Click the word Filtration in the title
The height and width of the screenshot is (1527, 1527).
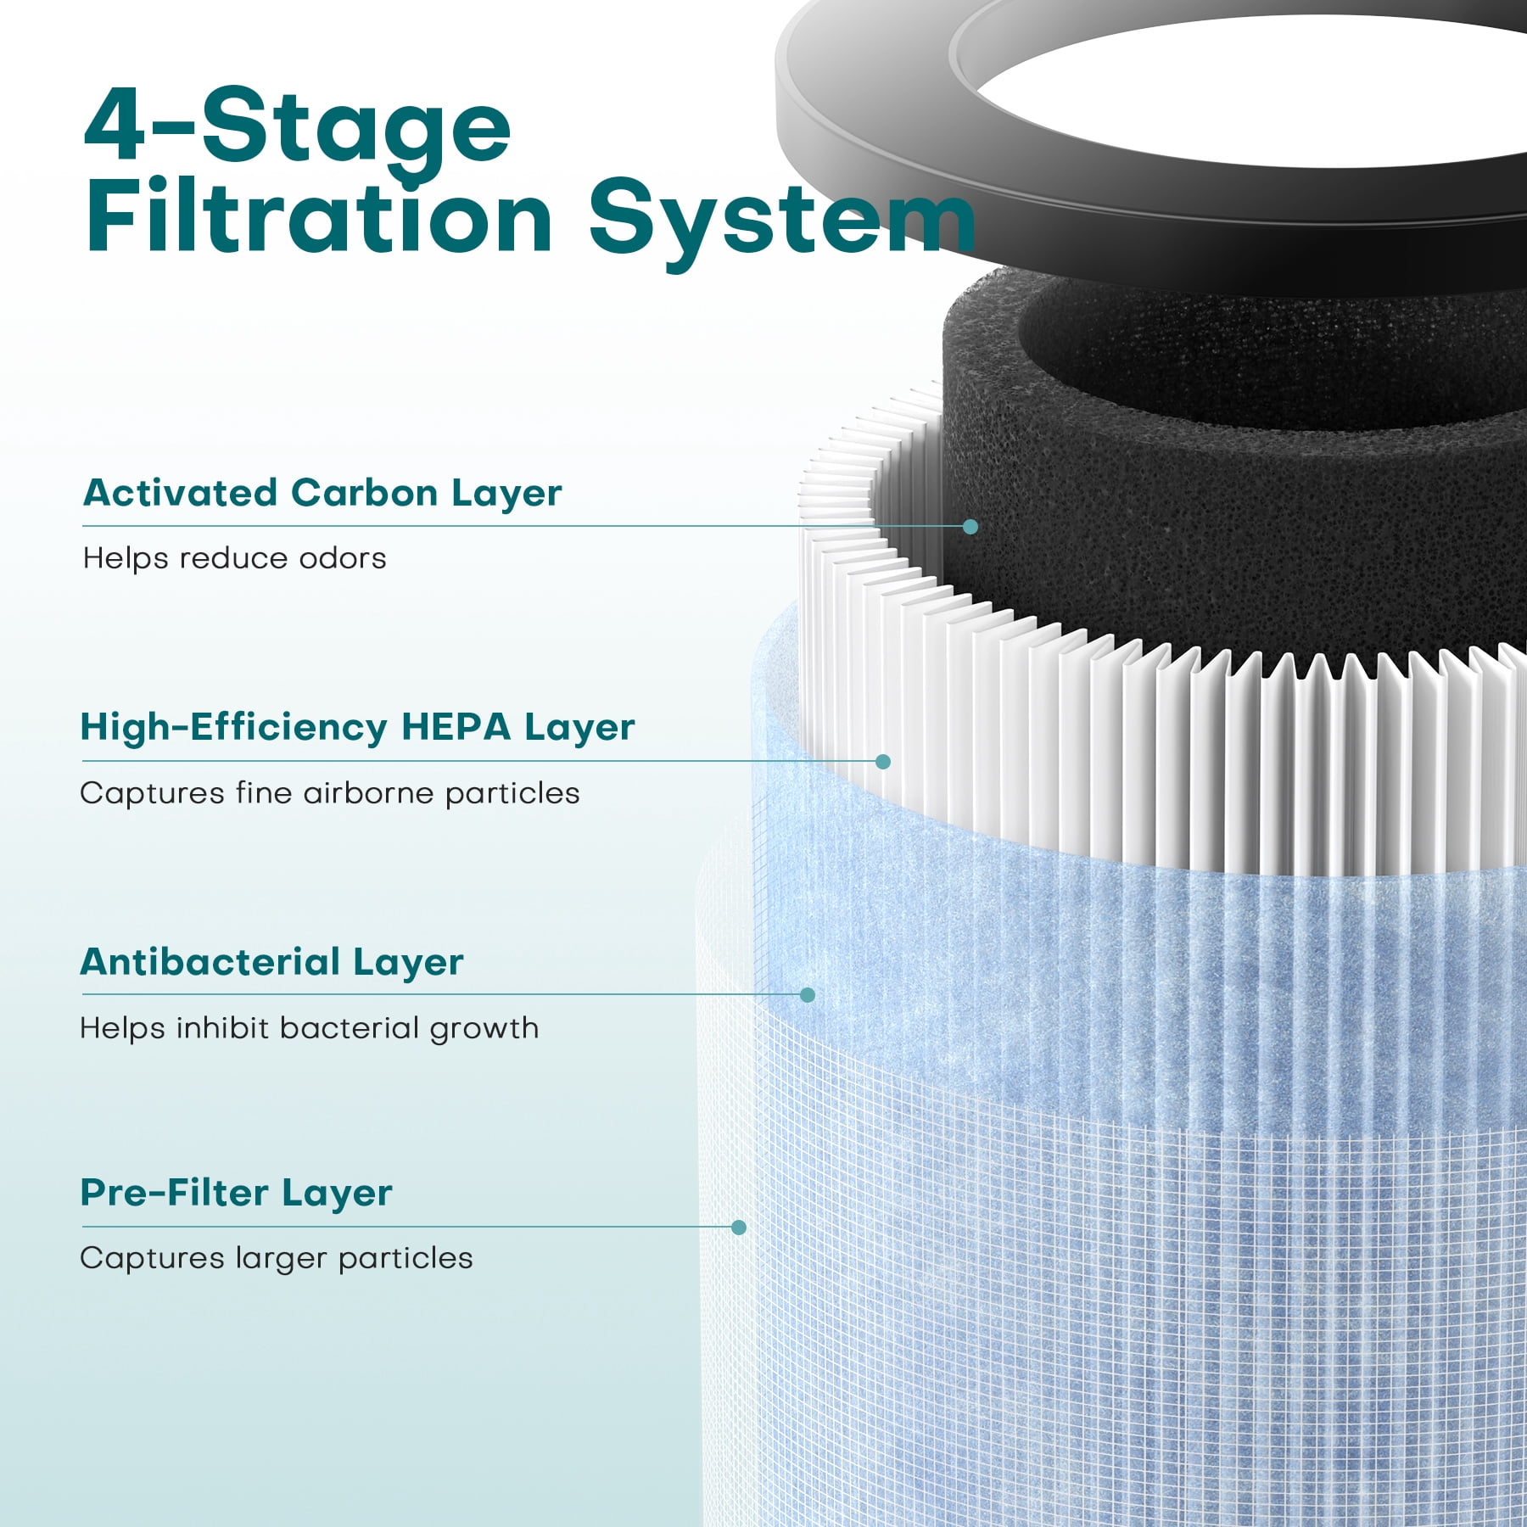tap(319, 215)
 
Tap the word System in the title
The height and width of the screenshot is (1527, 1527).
tap(782, 221)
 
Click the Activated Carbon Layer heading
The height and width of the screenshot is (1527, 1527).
tap(322, 493)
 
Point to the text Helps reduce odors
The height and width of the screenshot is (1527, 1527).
tap(234, 558)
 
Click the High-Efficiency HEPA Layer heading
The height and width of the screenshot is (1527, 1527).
tap(357, 728)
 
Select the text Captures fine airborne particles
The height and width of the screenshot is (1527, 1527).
tap(330, 793)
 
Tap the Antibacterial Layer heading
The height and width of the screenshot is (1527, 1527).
tap(271, 962)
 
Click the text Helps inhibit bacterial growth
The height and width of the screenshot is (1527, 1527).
tap(309, 1028)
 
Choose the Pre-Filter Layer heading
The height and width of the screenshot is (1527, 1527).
tap(236, 1193)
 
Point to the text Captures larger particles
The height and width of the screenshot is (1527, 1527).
tap(277, 1258)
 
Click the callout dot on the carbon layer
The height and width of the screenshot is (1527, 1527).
tap(970, 527)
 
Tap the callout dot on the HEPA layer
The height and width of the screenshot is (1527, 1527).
tap(883, 762)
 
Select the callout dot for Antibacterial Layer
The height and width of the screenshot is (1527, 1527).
tap(808, 994)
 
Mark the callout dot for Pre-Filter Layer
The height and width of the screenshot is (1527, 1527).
tap(739, 1228)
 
